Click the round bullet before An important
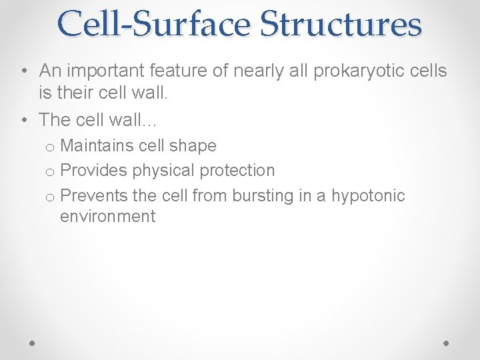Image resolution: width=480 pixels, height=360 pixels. pyautogui.click(x=23, y=71)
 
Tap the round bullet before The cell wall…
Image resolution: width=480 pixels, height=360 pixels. pyautogui.click(x=23, y=120)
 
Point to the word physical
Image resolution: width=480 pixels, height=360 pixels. pyautogui.click(x=159, y=171)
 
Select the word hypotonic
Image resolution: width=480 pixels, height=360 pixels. pyautogui.click(x=368, y=195)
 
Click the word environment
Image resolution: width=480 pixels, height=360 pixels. pyautogui.click(x=107, y=216)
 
